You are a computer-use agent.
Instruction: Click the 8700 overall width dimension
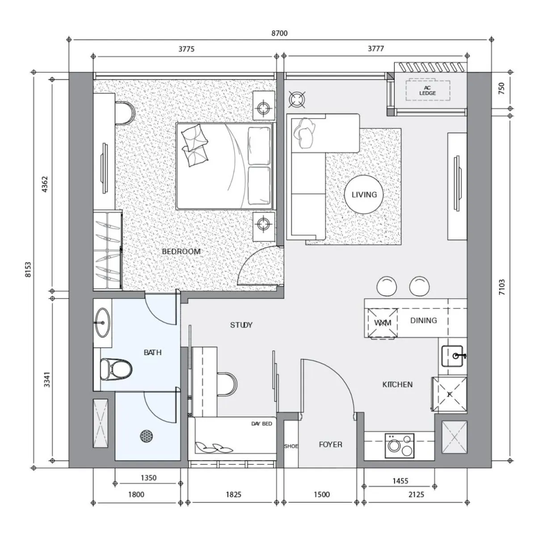pyautogui.click(x=280, y=33)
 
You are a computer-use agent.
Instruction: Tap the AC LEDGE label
pyautogui.click(x=427, y=90)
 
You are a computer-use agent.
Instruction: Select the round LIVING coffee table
pyautogui.click(x=364, y=195)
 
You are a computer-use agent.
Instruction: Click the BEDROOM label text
pyautogui.click(x=181, y=251)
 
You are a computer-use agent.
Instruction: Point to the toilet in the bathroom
pyautogui.click(x=116, y=368)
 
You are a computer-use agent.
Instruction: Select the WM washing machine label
pyautogui.click(x=383, y=323)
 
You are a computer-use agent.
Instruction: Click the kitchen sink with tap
pyautogui.click(x=453, y=356)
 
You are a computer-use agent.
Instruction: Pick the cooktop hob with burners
pyautogui.click(x=400, y=445)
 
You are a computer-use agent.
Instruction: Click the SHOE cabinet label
pyautogui.click(x=291, y=446)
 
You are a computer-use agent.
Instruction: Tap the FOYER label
pyautogui.click(x=330, y=445)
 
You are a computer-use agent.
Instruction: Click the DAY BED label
pyautogui.click(x=261, y=423)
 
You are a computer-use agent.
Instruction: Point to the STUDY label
pyautogui.click(x=241, y=325)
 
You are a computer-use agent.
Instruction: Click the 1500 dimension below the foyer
pyautogui.click(x=321, y=494)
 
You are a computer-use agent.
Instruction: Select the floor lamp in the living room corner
pyautogui.click(x=296, y=99)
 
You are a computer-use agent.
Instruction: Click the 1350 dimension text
pyautogui.click(x=148, y=478)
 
